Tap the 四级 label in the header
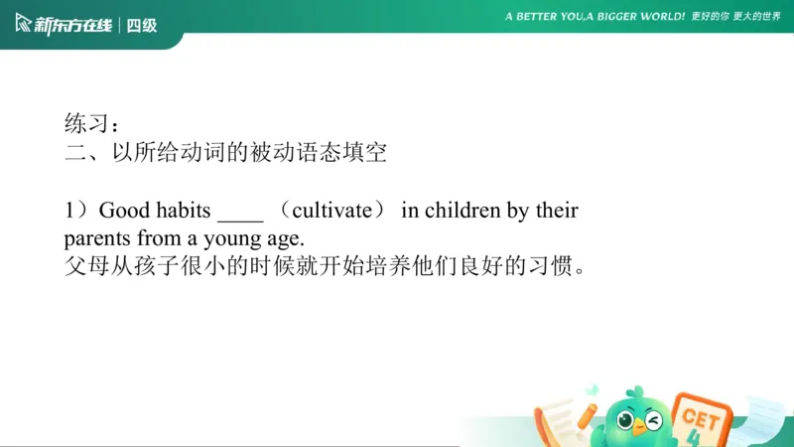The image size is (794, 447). [142, 25]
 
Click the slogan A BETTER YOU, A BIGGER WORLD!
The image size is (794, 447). [595, 17]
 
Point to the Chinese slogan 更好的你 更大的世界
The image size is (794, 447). [735, 17]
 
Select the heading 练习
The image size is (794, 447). [84, 125]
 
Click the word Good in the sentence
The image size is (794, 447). [124, 211]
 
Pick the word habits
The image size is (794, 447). [184, 211]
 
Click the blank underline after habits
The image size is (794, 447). [240, 217]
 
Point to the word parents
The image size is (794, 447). [95, 239]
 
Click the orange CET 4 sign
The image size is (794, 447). [699, 417]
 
